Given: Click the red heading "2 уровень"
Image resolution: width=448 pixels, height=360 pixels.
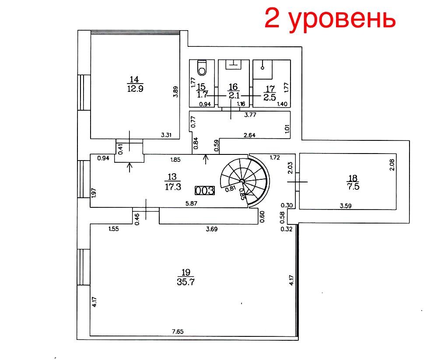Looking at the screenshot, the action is point(330,18).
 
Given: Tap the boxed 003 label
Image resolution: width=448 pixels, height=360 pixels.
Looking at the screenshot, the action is point(205,190).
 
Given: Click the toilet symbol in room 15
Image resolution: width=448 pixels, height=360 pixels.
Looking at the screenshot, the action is point(202,68).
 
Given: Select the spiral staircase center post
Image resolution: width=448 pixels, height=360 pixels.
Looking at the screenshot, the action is point(242,181).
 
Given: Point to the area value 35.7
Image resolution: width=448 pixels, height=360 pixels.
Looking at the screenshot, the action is point(185,282).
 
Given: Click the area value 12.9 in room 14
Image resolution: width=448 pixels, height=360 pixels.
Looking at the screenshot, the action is point(135,88).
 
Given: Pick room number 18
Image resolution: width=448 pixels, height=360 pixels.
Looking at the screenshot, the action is point(353,178).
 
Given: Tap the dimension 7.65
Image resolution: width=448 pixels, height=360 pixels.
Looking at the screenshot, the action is point(178,332).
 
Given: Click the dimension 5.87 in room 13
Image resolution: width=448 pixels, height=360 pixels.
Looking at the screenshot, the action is point(192,203).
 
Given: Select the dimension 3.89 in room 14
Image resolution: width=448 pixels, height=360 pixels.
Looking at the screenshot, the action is point(176,92).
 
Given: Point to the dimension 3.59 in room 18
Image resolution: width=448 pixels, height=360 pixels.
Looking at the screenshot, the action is point(346,206).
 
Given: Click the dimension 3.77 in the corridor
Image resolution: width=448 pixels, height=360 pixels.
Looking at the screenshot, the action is point(250,115).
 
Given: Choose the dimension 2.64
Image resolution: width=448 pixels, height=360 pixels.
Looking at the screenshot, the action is point(249,135).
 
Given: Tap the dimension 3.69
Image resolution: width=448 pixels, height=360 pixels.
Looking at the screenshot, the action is point(212,229).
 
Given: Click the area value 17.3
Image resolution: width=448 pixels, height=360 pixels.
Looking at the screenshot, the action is point(173,187).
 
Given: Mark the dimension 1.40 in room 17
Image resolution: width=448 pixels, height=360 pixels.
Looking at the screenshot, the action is point(282,104).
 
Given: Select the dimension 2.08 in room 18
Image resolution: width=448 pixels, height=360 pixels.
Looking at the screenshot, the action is point(392,165).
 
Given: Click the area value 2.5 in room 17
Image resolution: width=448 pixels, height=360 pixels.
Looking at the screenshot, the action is point(269,98).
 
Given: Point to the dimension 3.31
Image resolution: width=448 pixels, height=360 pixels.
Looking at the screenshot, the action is point(166,135).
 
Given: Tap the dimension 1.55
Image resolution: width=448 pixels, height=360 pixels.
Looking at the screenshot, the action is point(113,229).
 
